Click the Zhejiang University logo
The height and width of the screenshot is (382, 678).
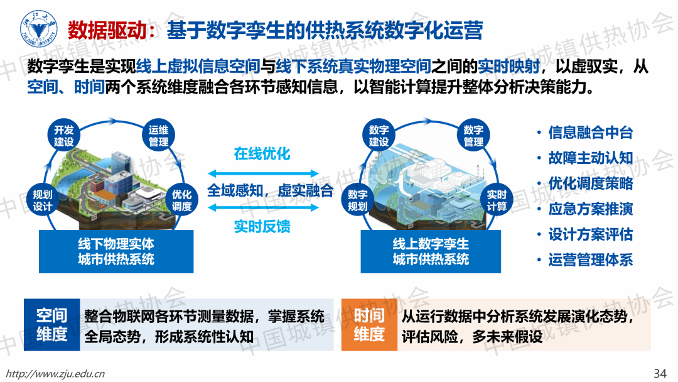39,28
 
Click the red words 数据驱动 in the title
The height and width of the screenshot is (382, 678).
107,30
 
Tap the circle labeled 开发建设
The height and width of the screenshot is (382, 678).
63,136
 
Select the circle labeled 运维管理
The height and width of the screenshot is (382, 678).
159,136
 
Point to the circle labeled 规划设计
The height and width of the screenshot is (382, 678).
43,200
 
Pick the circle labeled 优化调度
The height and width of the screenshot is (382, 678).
181,200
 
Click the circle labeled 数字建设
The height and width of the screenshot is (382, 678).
379,136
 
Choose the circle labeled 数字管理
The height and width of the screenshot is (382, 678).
473,136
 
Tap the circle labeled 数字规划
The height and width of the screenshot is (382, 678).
358,200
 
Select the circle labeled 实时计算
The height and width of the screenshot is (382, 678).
497,200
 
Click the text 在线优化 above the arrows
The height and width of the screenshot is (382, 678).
262,153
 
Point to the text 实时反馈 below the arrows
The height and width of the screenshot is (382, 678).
262,226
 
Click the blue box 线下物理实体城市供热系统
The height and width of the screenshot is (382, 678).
116,251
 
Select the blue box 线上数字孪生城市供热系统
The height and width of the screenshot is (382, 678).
431,251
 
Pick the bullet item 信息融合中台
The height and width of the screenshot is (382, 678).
590,133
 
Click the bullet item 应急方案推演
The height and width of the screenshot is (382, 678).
590,209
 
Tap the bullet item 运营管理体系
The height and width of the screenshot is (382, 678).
590,260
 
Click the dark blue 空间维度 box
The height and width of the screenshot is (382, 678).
52,324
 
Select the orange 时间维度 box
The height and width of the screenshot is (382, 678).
369,324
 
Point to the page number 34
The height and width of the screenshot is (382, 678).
660,373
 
